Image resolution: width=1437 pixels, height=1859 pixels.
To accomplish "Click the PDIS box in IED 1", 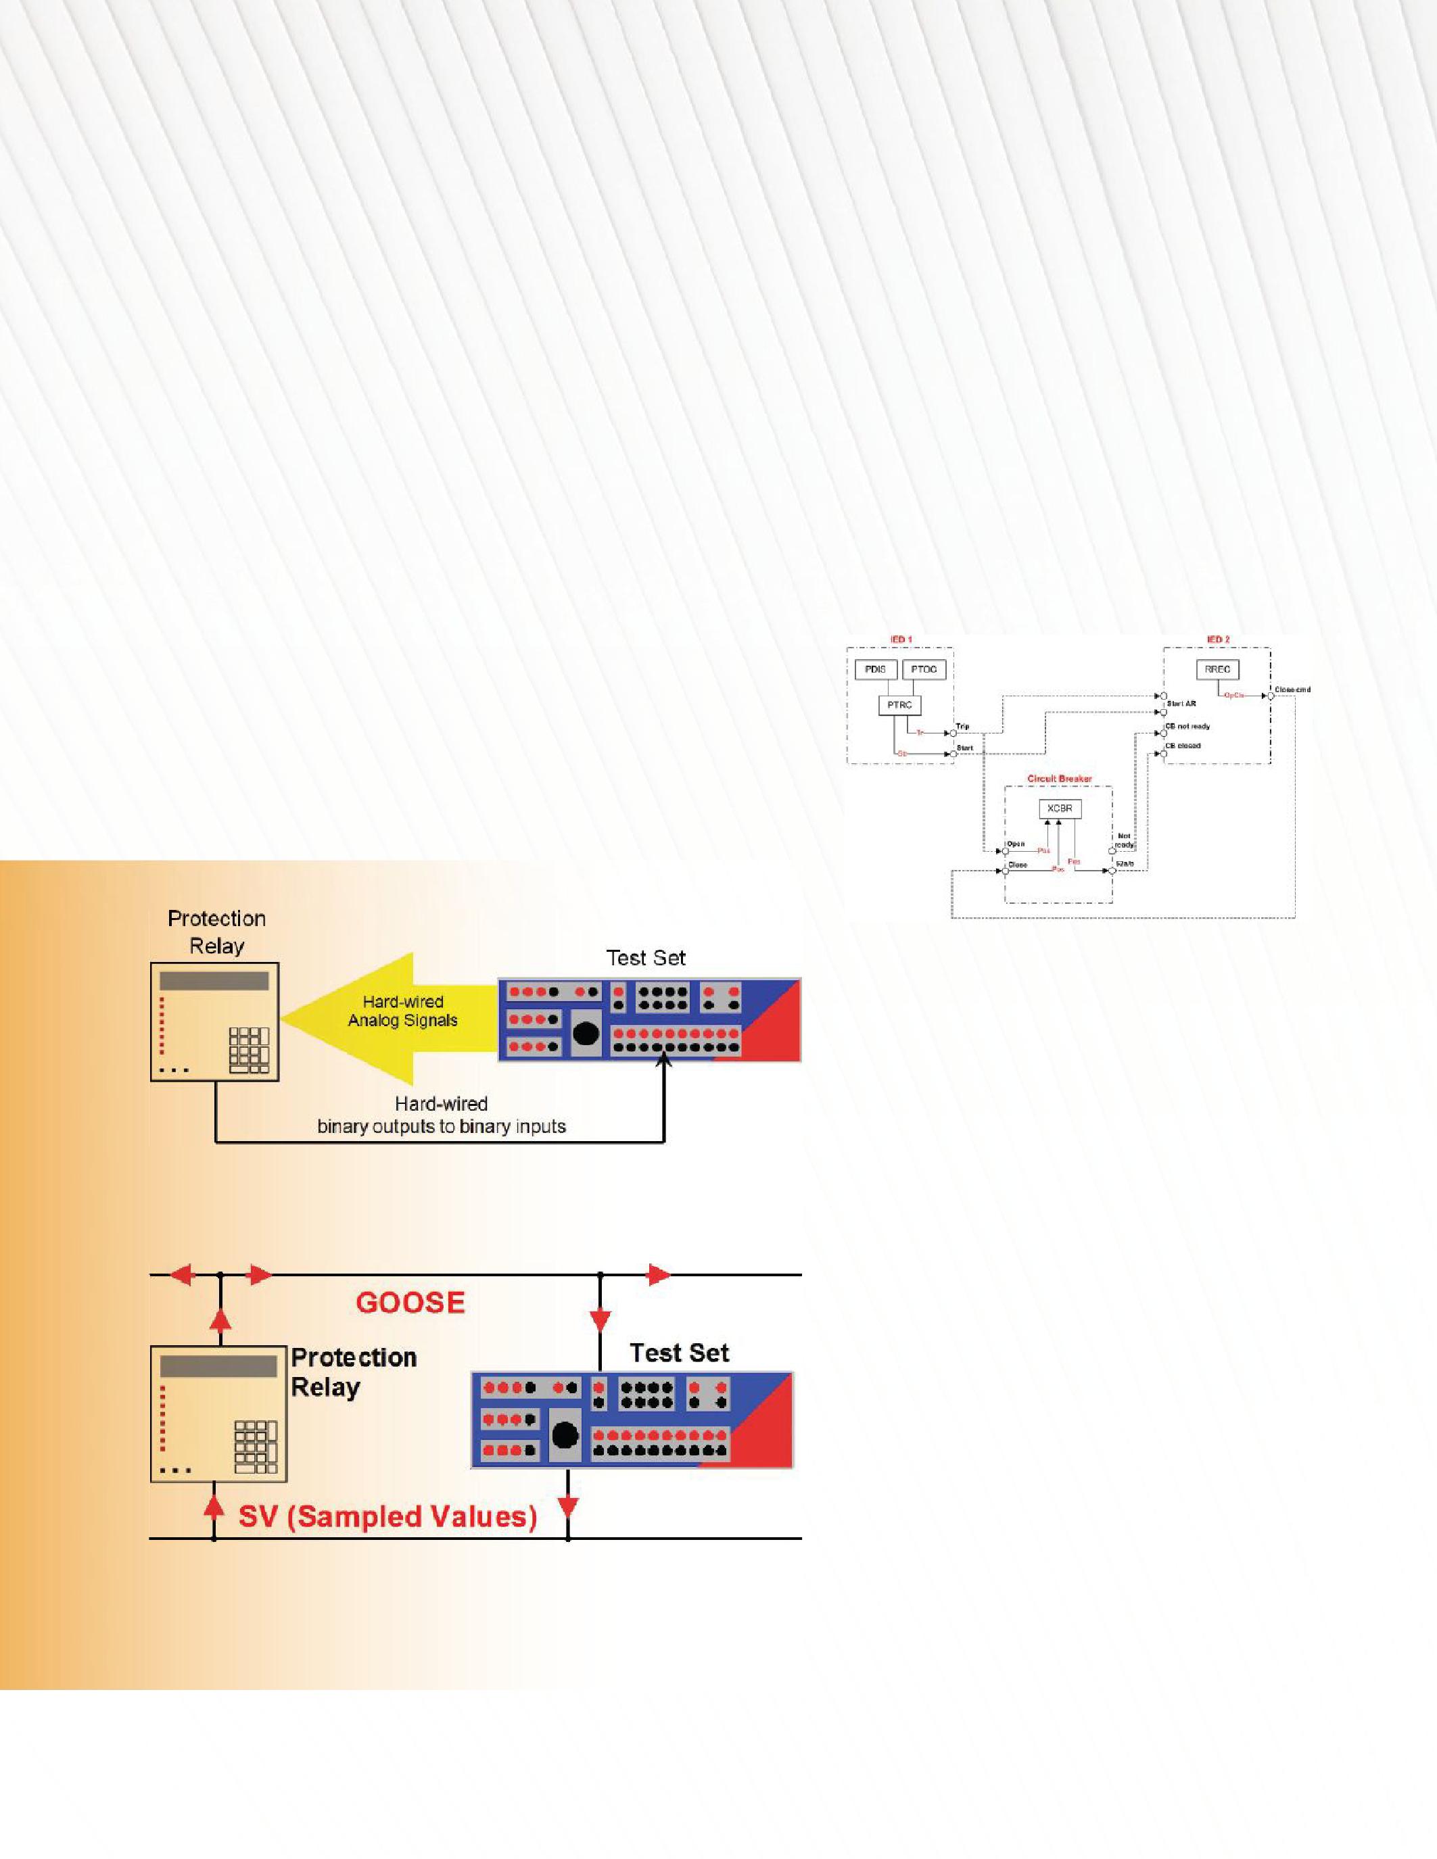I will (875, 670).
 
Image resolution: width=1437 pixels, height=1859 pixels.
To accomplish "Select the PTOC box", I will (924, 670).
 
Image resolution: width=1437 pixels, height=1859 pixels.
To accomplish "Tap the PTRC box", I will (899, 705).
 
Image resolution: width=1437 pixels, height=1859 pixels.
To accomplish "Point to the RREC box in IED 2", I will (1217, 670).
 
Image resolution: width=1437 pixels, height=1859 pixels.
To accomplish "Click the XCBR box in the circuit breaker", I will (1060, 808).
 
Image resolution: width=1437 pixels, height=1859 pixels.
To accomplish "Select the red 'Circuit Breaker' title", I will (1059, 779).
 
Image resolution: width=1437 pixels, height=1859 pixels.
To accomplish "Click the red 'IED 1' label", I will (901, 639).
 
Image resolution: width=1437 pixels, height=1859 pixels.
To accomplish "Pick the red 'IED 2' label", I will (1217, 639).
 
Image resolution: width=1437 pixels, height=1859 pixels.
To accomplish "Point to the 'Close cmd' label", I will (1292, 690).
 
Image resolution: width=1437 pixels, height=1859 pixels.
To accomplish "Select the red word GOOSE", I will (410, 1303).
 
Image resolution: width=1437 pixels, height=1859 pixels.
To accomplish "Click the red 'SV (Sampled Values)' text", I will (387, 1516).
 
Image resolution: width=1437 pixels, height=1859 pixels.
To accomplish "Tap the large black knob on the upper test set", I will (586, 1032).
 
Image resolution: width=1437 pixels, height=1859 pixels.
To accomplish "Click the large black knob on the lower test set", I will (565, 1435).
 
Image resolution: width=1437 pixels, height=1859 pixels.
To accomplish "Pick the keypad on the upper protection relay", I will (249, 1050).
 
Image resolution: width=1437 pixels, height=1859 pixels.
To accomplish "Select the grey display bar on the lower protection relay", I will (218, 1367).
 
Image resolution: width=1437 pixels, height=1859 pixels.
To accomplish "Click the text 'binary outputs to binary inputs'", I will (441, 1127).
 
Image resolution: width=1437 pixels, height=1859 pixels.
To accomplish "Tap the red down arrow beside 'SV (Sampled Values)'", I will (568, 1507).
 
